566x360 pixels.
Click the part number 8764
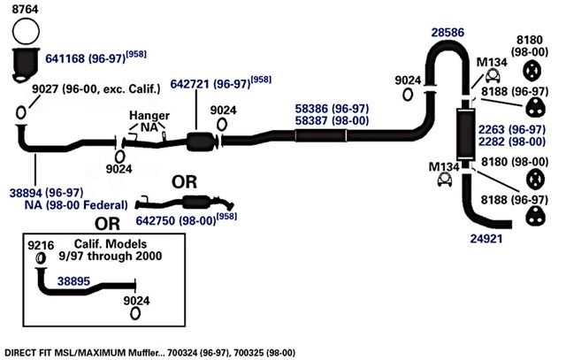[25, 9]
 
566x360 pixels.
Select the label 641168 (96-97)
[85, 58]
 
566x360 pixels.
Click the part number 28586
[448, 33]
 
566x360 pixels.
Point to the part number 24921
[486, 238]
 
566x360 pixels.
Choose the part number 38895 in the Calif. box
[73, 281]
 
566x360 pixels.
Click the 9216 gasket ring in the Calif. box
[41, 258]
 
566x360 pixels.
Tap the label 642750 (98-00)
[176, 220]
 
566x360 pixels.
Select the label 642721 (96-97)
[210, 84]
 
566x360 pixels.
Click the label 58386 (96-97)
[332, 109]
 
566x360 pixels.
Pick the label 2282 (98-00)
[512, 142]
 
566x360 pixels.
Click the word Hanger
[149, 116]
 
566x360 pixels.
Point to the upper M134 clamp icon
[493, 76]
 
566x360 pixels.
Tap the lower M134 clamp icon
[445, 179]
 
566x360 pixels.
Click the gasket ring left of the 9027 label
[21, 112]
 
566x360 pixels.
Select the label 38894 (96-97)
[46, 193]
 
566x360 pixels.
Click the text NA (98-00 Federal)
[76, 204]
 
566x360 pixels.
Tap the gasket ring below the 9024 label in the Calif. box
[135, 313]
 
